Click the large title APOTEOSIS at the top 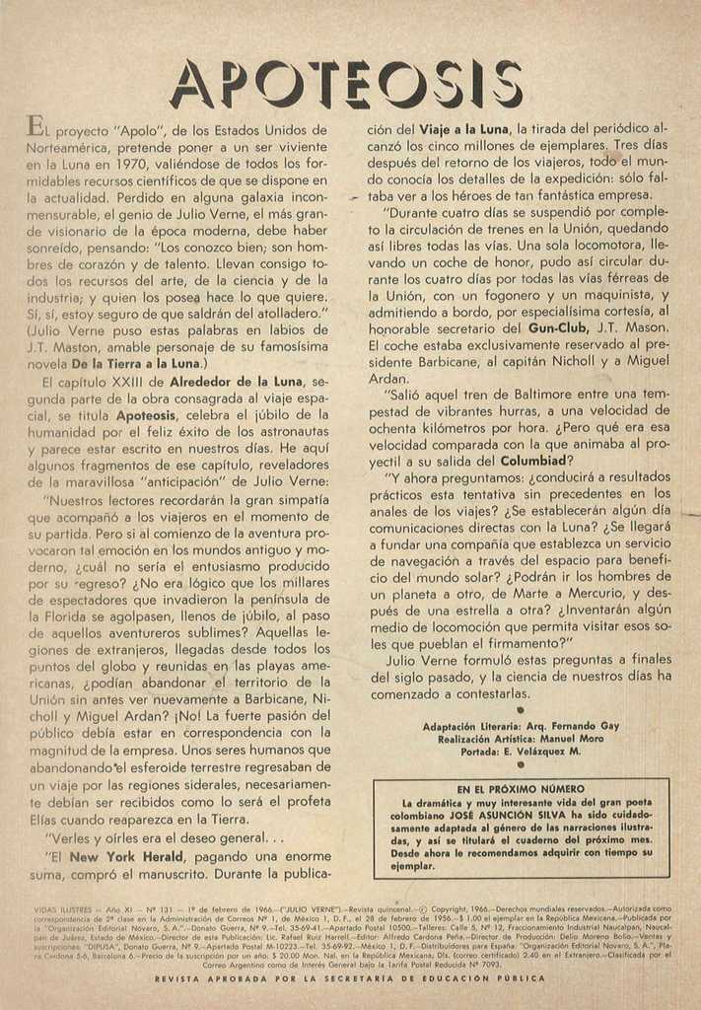[x=347, y=84]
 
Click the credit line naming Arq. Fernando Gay [x=522, y=725]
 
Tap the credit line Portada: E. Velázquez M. [x=522, y=751]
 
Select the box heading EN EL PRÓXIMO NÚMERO [x=521, y=789]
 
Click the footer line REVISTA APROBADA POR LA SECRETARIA [x=350, y=978]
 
